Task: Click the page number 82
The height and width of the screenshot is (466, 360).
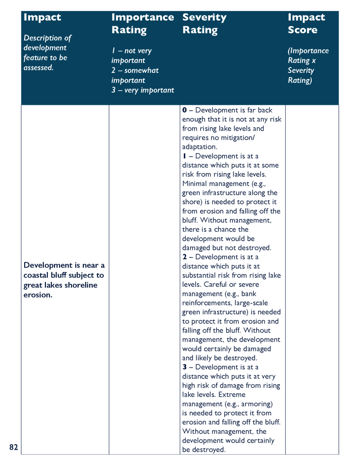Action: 14,447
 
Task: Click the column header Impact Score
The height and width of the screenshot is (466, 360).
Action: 306,24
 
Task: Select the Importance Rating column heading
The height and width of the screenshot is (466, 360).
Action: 142,24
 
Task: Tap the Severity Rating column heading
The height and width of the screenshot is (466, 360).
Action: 204,24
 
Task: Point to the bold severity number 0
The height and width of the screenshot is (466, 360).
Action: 184,110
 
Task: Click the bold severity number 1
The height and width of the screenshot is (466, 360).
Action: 184,156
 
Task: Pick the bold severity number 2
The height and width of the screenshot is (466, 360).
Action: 184,257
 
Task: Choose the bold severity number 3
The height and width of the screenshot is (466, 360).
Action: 184,367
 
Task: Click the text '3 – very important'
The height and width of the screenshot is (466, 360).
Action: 142,90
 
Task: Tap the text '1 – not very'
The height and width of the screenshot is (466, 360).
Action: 132,51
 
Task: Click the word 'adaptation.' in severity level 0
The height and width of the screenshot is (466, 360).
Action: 200,147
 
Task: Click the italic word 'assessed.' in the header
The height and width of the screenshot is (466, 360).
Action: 38,67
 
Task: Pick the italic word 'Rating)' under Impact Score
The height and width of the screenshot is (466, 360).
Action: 299,80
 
